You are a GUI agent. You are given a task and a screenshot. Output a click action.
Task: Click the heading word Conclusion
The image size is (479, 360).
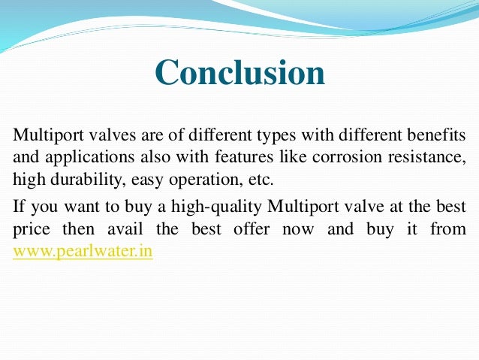click(x=240, y=74)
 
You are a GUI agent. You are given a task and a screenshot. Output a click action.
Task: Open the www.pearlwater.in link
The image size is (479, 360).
click(x=83, y=251)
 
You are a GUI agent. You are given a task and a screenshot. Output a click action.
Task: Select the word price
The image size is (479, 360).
click(x=31, y=228)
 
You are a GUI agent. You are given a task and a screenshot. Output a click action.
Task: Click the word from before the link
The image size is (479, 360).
click(x=448, y=228)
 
